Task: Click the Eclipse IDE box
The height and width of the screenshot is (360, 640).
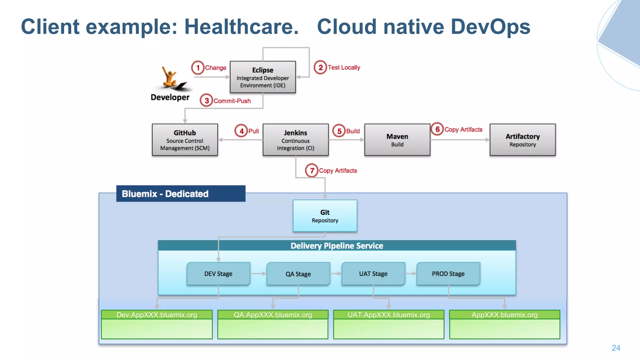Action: (x=262, y=77)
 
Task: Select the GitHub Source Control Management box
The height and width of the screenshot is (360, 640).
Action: (x=185, y=140)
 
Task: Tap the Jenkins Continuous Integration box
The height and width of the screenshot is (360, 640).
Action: (x=295, y=140)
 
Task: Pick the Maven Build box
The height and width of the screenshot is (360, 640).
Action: (x=397, y=140)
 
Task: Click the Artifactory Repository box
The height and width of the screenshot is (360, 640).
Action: (x=522, y=140)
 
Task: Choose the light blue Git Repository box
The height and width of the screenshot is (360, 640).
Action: (x=325, y=216)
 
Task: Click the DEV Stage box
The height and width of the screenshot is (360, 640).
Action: (x=218, y=274)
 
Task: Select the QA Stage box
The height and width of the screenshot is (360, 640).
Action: (x=298, y=274)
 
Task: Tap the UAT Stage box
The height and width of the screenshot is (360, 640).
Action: (x=373, y=274)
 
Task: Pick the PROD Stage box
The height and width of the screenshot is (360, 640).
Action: (x=448, y=274)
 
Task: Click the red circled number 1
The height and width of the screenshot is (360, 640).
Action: (x=198, y=67)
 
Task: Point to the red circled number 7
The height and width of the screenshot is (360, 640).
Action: (x=312, y=170)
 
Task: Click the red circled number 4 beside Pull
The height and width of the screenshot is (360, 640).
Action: (x=241, y=131)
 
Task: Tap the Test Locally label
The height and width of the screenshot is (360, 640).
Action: (x=344, y=67)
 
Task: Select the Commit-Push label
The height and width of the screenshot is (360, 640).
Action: (x=232, y=101)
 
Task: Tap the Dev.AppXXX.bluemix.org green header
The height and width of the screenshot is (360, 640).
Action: (x=157, y=315)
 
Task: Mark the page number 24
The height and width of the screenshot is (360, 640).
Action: (x=616, y=348)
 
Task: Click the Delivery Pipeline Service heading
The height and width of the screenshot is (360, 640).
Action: (x=337, y=246)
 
